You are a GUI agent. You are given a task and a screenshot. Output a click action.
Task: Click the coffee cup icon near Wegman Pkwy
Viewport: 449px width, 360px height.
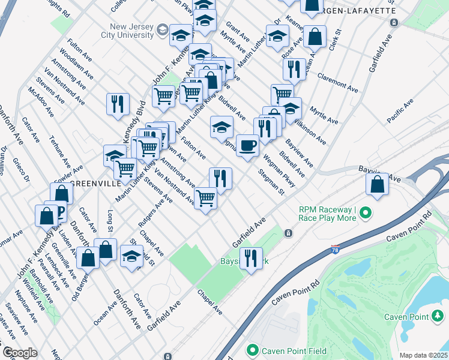[247, 146]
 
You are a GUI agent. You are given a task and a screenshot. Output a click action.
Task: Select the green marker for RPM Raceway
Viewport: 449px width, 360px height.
[364, 213]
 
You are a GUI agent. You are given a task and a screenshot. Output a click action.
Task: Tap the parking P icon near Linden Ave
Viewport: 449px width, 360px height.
[59, 212]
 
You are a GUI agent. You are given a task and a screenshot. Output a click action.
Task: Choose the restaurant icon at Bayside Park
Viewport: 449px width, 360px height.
[250, 259]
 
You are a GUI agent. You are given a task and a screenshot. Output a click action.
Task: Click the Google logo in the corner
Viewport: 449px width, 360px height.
[19, 353]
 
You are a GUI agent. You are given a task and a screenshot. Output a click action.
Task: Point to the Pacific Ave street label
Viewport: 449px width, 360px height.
[400, 111]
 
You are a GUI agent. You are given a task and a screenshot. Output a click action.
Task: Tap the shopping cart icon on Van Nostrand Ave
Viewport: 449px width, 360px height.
[205, 197]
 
